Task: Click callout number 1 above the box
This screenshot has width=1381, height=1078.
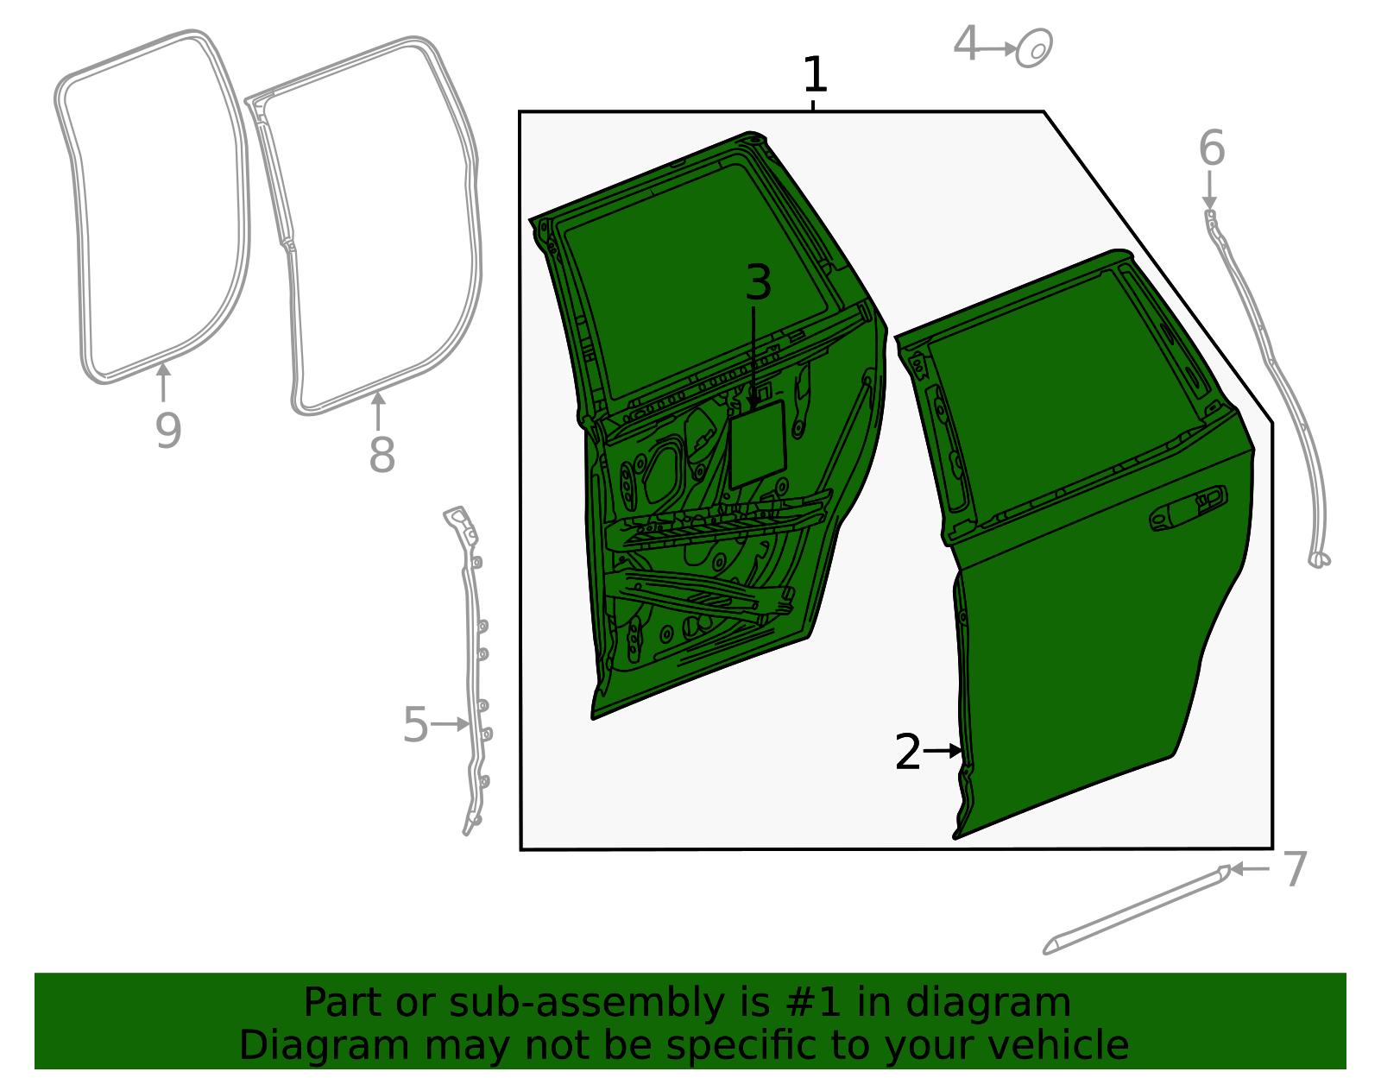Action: coord(814,75)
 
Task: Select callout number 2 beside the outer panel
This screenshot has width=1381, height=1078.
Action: coord(908,753)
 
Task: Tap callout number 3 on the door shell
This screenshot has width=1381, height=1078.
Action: coord(758,283)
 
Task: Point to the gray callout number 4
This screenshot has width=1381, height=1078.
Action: coord(967,44)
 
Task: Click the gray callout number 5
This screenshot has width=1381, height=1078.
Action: coord(415,725)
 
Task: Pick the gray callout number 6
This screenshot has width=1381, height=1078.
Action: coord(1211,148)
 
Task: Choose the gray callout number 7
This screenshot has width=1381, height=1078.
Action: coord(1295,869)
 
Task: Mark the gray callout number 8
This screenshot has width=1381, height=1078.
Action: coord(382,455)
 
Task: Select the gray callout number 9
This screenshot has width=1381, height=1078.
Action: coord(168,431)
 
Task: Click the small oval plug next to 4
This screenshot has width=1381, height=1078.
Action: coord(1034,48)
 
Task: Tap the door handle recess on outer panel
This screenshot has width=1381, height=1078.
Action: coord(1188,509)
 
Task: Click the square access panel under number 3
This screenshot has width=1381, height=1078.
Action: coord(757,445)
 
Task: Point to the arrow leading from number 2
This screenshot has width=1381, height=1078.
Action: coord(943,752)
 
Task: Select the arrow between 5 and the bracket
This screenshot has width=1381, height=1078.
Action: coord(449,724)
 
